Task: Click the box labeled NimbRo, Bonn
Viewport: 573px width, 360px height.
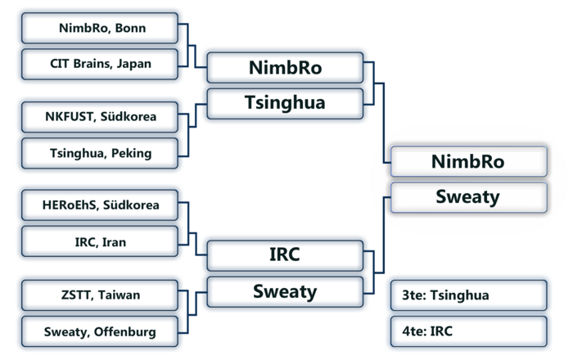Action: coord(99,29)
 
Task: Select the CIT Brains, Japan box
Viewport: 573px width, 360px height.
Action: coord(99,63)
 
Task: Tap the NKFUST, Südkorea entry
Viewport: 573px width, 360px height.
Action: coord(99,116)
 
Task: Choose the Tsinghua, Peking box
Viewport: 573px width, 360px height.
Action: coord(99,152)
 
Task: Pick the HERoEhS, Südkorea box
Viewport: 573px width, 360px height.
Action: coord(99,205)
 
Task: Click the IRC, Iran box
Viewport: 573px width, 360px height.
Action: coord(99,241)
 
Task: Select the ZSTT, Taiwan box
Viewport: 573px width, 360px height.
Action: coord(99,295)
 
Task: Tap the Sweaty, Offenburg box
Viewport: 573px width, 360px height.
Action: coord(99,331)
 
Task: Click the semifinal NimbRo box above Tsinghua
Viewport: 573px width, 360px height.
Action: coord(285,68)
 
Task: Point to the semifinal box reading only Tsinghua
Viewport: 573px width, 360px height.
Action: coord(285,103)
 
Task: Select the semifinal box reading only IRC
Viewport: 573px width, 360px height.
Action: coord(285,254)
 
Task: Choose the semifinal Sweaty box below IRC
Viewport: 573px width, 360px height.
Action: coord(285,290)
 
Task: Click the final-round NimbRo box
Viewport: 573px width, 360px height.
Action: coord(468,161)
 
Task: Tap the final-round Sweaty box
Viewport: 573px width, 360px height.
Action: coord(468,197)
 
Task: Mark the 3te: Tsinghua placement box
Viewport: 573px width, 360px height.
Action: coord(468,295)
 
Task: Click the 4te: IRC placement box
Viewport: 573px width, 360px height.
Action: coord(468,331)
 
